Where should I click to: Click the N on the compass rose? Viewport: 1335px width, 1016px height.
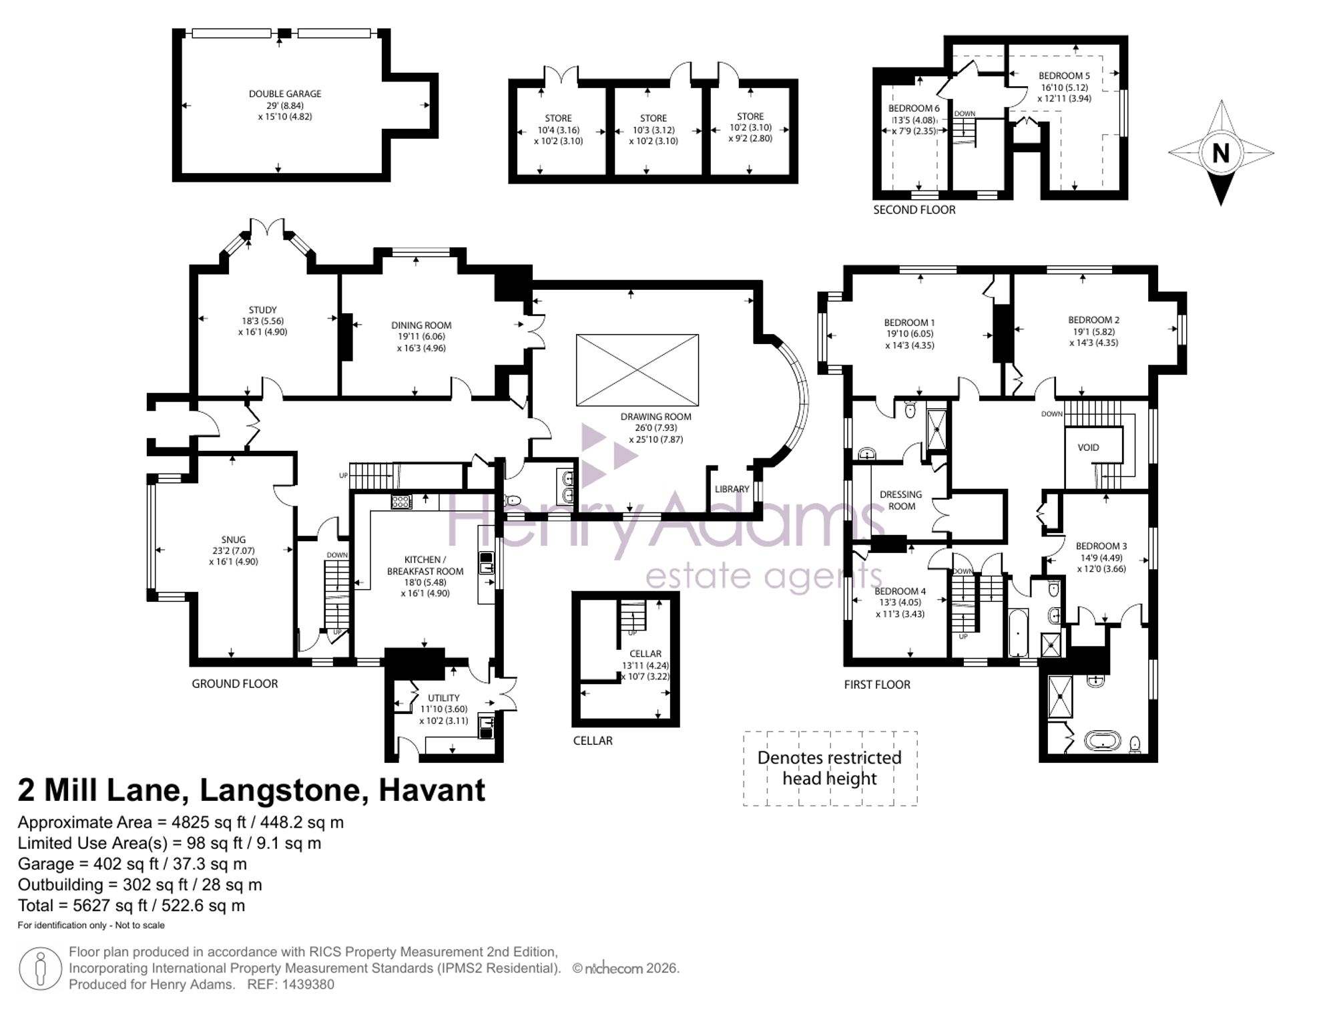[x=1220, y=154]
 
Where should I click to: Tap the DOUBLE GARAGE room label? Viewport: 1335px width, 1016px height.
[x=285, y=94]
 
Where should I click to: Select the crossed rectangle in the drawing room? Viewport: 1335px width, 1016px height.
[x=637, y=370]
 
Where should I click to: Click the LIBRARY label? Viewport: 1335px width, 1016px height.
[x=732, y=489]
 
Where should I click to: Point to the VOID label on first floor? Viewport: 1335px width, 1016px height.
[x=1088, y=448]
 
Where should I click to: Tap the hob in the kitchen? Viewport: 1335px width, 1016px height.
[x=401, y=502]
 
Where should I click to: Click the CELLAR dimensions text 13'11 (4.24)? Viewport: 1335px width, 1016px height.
[x=645, y=665]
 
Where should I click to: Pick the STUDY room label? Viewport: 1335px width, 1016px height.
[x=262, y=310]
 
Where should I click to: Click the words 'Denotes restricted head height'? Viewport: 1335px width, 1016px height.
[x=830, y=768]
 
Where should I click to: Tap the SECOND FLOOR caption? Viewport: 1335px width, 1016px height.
[x=914, y=210]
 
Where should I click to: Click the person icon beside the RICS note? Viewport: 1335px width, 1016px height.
[x=41, y=969]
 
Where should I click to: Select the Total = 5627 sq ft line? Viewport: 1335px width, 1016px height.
[x=131, y=906]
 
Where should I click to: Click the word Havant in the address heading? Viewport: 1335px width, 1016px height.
[x=432, y=790]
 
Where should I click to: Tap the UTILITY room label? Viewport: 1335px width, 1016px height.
[x=443, y=698]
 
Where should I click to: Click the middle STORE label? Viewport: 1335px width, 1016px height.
[x=653, y=118]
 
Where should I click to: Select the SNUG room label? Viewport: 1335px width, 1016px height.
[x=234, y=540]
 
